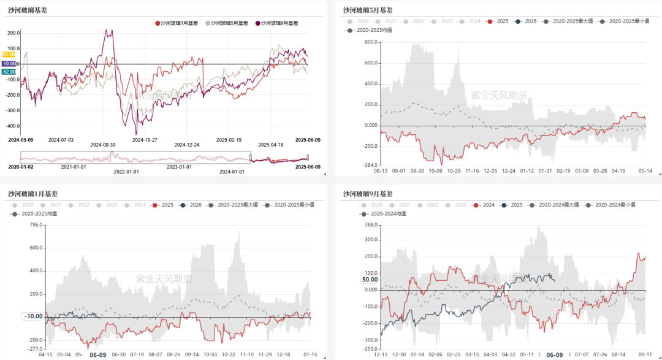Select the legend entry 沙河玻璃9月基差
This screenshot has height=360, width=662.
point(279,23)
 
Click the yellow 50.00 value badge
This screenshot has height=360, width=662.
point(9,55)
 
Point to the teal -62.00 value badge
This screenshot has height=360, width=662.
point(9,72)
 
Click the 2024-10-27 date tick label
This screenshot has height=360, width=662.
point(145,139)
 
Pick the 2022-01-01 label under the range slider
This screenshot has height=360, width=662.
point(126,172)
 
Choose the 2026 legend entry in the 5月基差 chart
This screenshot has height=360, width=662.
point(526,21)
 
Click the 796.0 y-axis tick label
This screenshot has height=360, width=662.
point(36,225)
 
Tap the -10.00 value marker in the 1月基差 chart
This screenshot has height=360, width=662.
point(33,316)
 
